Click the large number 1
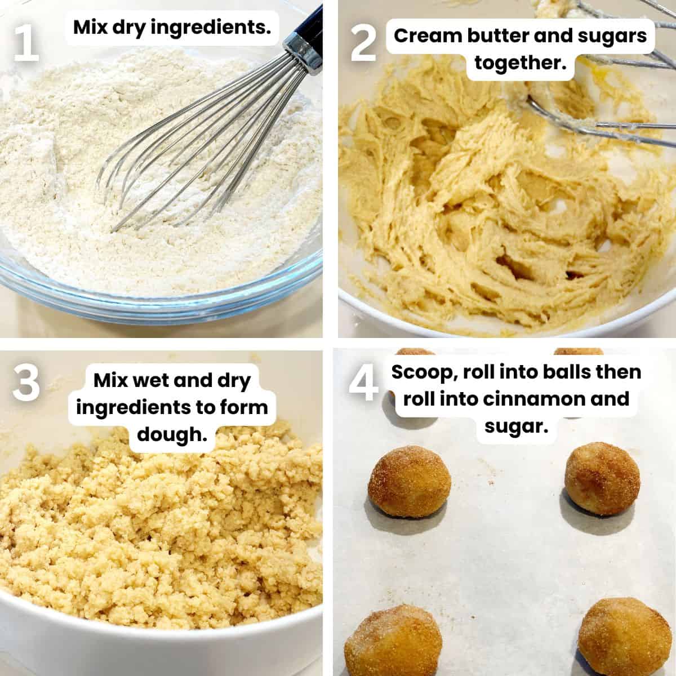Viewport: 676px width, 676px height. point(25,38)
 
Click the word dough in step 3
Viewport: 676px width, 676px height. point(172,433)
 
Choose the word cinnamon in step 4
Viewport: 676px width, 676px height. point(528,398)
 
